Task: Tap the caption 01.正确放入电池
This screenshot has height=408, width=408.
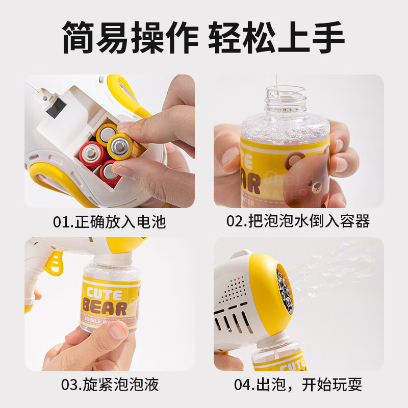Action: pyautogui.click(x=110, y=222)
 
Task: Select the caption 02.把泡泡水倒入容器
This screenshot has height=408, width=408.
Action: pyautogui.click(x=298, y=222)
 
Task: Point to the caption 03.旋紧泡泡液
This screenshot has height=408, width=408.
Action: pyautogui.click(x=110, y=385)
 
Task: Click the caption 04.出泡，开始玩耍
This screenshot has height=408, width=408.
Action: pyautogui.click(x=298, y=385)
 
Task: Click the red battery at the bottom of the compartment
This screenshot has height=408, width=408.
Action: pyautogui.click(x=109, y=172)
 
